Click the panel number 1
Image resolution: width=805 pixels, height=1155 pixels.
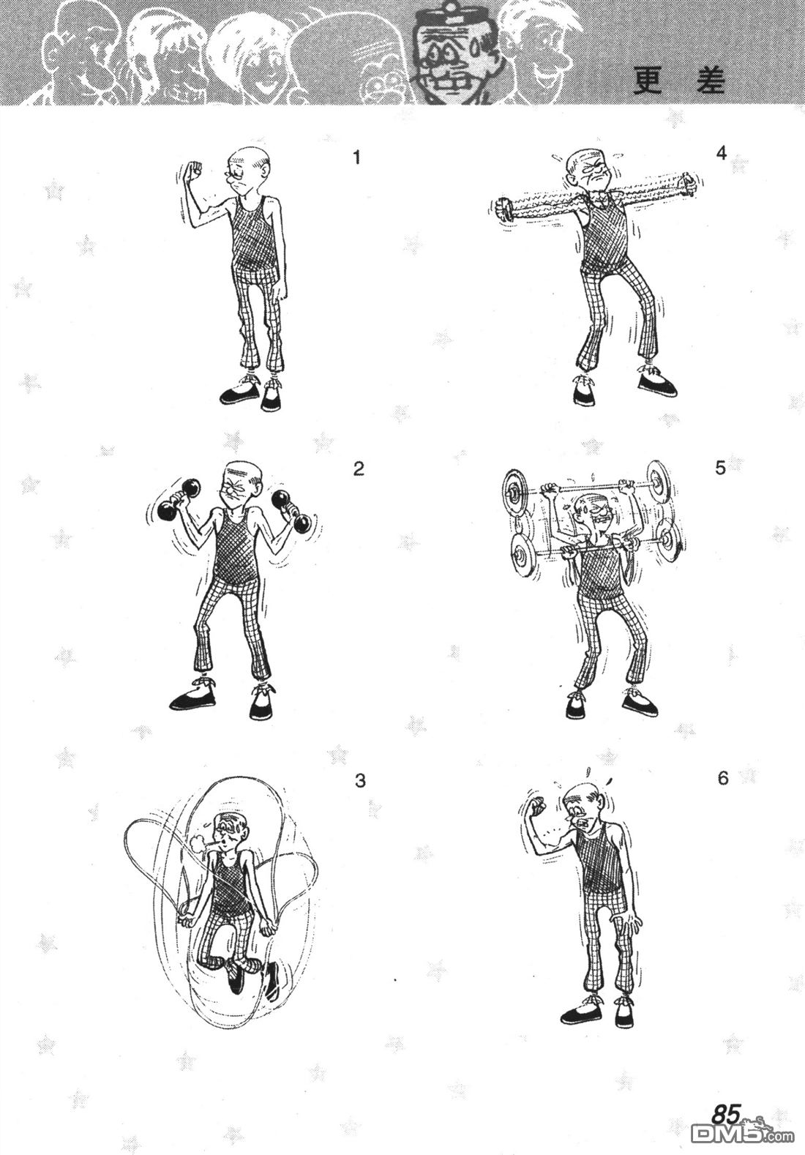(x=356, y=157)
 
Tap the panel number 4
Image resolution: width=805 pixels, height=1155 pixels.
(x=722, y=153)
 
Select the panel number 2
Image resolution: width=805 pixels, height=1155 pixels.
(x=359, y=469)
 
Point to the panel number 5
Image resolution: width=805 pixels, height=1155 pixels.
(x=720, y=468)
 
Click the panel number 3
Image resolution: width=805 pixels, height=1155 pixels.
(x=360, y=781)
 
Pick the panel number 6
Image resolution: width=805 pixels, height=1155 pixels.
(x=722, y=779)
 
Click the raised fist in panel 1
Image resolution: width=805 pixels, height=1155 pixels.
(x=193, y=170)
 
